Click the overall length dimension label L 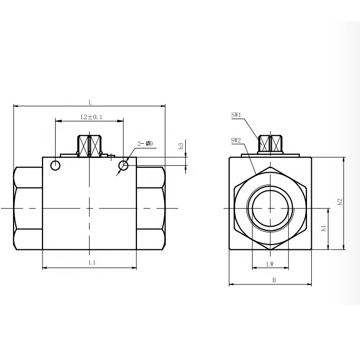click(x=90, y=101)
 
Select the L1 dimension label click(x=91, y=261)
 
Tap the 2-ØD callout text click(x=145, y=143)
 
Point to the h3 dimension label click(x=181, y=147)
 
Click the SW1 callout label click(x=236, y=115)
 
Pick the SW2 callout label click(x=236, y=141)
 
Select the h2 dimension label click(x=340, y=201)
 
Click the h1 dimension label click(x=324, y=228)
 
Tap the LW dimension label click(x=270, y=264)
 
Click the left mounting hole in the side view click(x=56, y=166)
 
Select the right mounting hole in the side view click(x=123, y=166)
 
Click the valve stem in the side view click(x=90, y=145)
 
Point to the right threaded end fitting click(x=151, y=208)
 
